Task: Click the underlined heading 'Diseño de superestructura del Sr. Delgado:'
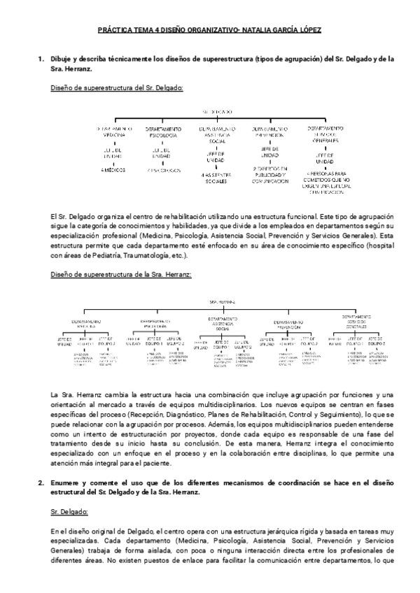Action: click(118, 87)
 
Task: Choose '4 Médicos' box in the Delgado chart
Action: click(115, 169)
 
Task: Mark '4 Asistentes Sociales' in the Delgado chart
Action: click(218, 178)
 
